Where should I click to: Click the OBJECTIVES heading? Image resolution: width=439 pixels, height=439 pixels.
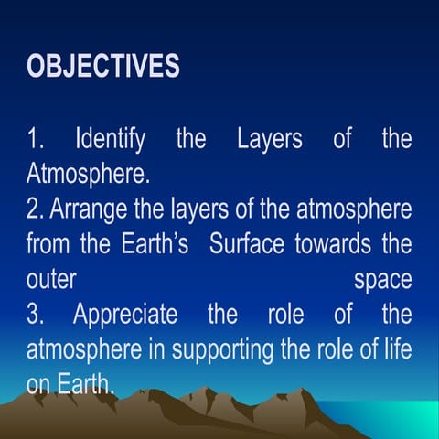click(102, 68)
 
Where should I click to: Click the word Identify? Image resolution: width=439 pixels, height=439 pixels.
click(110, 140)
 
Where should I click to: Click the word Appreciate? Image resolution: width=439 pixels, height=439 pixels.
click(126, 315)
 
